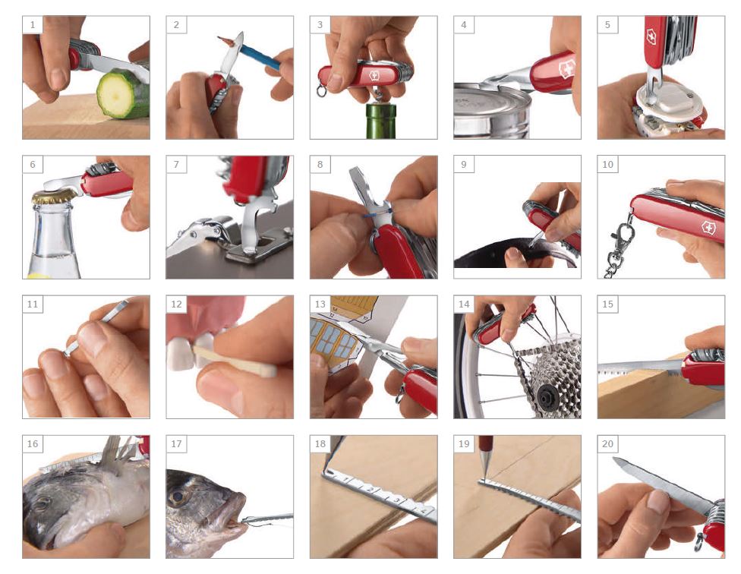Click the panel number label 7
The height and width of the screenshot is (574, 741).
pyautogui.click(x=176, y=165)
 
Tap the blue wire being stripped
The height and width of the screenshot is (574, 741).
pyautogui.click(x=377, y=213)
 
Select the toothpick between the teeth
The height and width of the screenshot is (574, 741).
pyautogui.click(x=235, y=361)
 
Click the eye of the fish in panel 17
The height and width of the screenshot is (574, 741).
pyautogui.click(x=178, y=497)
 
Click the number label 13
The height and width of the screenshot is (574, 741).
pyautogui.click(x=320, y=304)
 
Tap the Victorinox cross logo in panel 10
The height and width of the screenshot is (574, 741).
pyautogui.click(x=708, y=228)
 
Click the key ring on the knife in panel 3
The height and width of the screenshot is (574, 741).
pyautogui.click(x=321, y=90)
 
